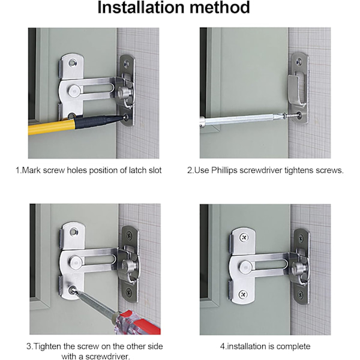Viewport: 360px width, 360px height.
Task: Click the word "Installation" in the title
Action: pos(140,7)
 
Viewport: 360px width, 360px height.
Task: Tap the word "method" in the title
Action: pos(220,7)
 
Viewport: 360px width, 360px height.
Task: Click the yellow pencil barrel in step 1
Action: pos(52,128)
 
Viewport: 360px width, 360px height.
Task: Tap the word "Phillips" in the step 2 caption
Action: pos(224,170)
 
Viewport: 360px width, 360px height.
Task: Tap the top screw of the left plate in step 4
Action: pos(244,237)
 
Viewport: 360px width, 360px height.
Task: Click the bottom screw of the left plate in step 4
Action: pos(242,294)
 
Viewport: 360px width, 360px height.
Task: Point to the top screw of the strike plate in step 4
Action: pos(301,239)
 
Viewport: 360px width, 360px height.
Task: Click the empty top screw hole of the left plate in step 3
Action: pos(74,231)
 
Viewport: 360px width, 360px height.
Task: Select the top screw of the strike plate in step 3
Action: pos(129,235)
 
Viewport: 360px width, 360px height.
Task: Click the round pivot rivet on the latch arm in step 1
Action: pos(74,90)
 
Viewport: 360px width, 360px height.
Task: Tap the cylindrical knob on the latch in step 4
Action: pos(299,268)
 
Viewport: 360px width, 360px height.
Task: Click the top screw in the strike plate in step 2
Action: pos(299,61)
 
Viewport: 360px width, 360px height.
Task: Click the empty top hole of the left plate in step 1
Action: pos(73,62)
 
